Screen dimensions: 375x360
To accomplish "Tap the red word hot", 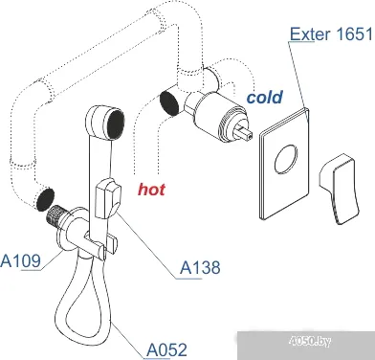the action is pyautogui.click(x=150, y=190).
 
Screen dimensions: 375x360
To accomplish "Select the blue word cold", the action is pyautogui.click(x=264, y=98).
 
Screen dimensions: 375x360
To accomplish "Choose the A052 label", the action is pyautogui.click(x=166, y=350).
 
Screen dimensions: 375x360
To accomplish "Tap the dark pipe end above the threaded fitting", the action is pyautogui.click(x=43, y=199).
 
